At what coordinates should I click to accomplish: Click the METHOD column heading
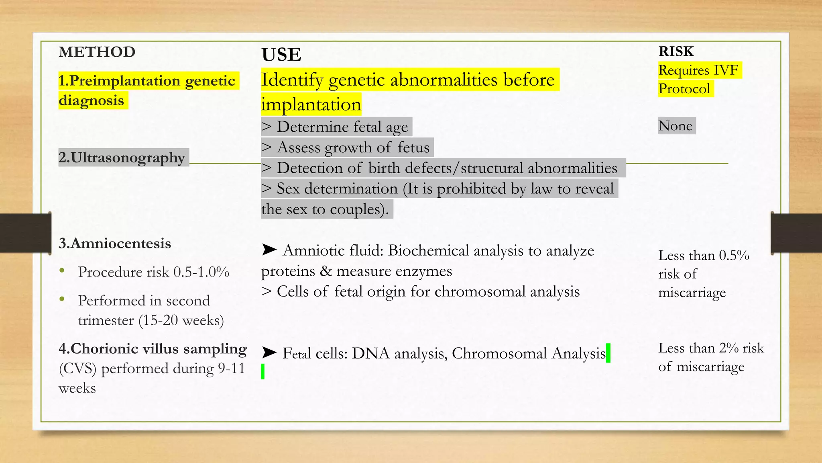coord(97,52)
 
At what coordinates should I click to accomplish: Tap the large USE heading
coord(281,55)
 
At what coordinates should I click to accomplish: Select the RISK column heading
coord(676,51)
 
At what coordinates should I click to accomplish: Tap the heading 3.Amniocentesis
coord(115,244)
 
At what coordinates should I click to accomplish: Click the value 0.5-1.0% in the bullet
coord(201,272)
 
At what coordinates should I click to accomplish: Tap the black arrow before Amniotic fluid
coord(269,250)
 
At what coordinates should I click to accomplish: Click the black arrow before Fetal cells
coord(269,353)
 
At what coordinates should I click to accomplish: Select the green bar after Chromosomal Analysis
coord(608,353)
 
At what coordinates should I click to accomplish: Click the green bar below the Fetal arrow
coord(262,371)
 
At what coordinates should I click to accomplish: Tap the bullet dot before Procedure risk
coord(62,270)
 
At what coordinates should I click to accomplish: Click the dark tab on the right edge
coord(796,233)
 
